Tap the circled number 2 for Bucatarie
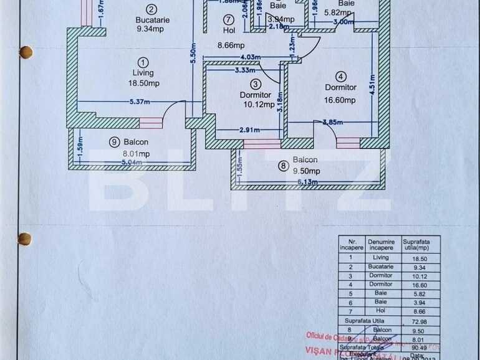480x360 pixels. click(x=151, y=9)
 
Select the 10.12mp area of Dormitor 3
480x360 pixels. click(x=259, y=105)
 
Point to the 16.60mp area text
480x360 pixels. click(x=340, y=100)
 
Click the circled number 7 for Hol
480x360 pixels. click(x=229, y=19)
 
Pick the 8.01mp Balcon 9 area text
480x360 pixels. click(x=135, y=153)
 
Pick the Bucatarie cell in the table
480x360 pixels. click(x=380, y=267)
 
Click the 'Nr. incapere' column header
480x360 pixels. click(x=352, y=244)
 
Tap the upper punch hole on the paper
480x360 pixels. click(x=26, y=52)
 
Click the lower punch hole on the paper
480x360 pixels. click(x=24, y=239)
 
